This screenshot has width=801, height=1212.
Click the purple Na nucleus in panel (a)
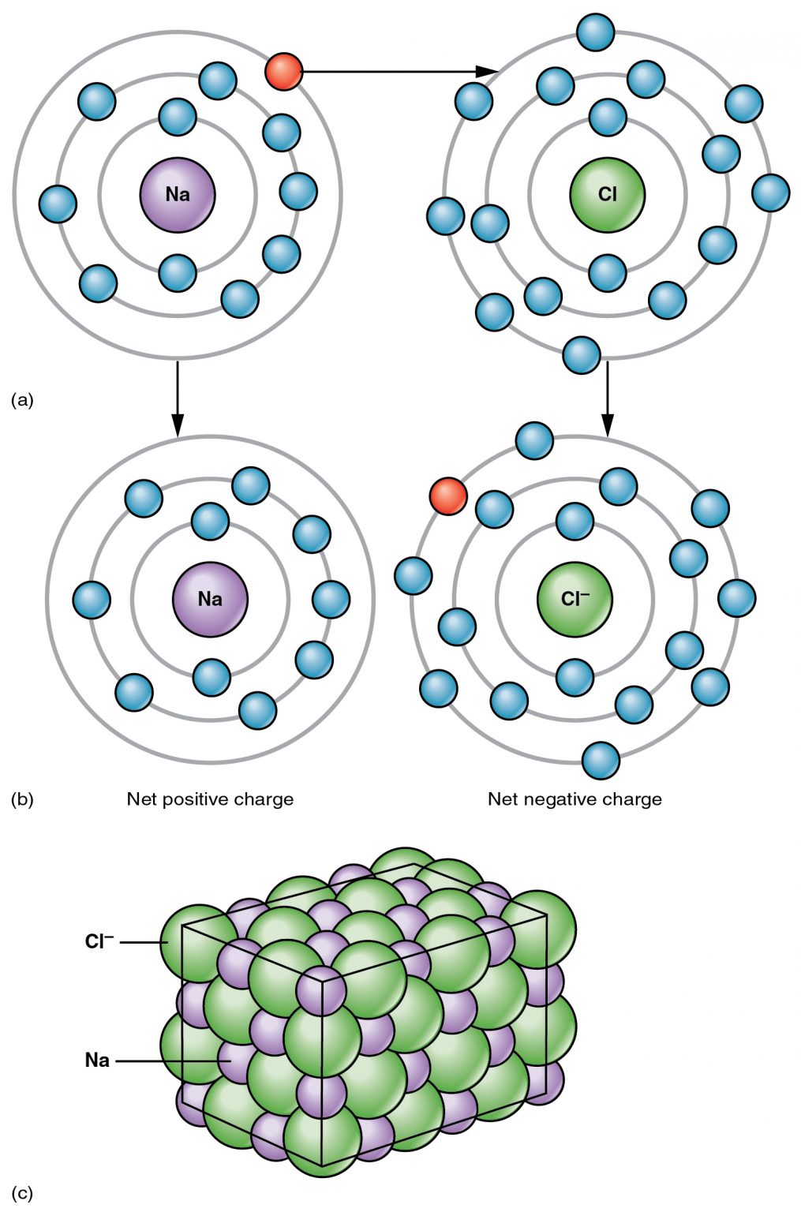(x=178, y=195)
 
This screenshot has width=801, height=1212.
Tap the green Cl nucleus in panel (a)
(x=607, y=195)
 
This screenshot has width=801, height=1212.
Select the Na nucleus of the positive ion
(x=210, y=599)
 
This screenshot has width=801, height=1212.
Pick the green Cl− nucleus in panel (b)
(x=575, y=599)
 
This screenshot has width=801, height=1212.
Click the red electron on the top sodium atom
(x=283, y=72)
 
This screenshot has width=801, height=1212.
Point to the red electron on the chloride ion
(x=447, y=496)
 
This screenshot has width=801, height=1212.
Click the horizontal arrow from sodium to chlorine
(x=395, y=72)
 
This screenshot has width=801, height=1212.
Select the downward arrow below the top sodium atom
(x=178, y=398)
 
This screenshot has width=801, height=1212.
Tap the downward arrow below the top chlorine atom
(x=607, y=398)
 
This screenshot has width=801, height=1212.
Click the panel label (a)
(x=22, y=400)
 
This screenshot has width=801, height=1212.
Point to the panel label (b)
(x=22, y=799)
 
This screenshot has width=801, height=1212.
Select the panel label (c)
(x=22, y=1193)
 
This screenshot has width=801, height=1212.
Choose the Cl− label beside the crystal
(x=99, y=941)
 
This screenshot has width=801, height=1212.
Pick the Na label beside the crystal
(x=97, y=1060)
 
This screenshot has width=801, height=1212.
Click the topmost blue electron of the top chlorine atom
(x=596, y=32)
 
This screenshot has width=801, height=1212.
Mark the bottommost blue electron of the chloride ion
(x=601, y=761)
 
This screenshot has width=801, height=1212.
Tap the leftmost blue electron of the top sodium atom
(x=58, y=204)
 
